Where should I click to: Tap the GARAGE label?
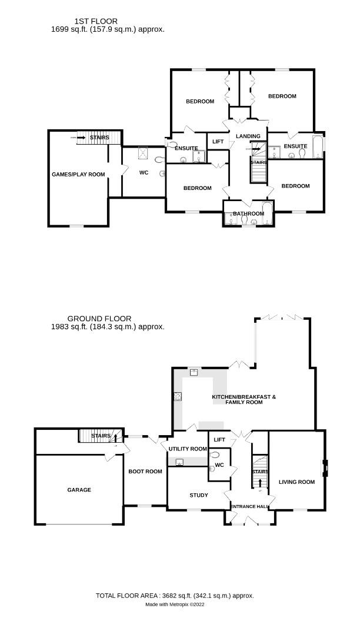(79, 490)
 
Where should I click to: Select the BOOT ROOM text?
(145, 472)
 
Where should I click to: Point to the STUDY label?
(198, 495)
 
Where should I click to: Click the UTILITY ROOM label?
(188, 449)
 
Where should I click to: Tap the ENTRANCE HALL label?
(249, 507)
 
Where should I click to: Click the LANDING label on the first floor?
(248, 136)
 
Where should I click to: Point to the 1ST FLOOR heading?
(88, 21)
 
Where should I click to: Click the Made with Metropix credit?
(175, 604)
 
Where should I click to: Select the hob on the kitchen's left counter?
(177, 396)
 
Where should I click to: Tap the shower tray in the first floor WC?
(142, 153)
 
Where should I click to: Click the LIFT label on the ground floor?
(219, 440)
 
